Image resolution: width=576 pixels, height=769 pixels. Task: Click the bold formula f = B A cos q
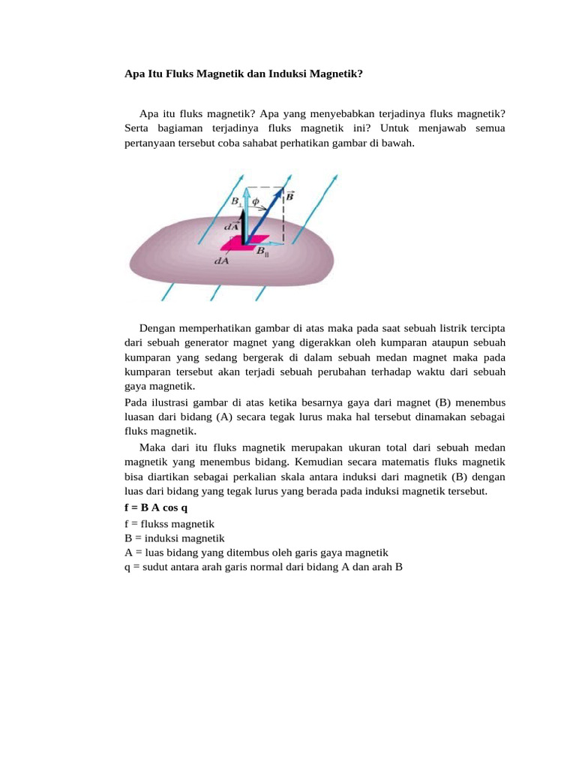156,508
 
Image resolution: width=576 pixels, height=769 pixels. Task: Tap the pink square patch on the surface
239,243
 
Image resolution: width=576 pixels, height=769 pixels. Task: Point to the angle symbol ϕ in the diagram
255,201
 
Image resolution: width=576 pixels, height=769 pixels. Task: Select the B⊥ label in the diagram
237,201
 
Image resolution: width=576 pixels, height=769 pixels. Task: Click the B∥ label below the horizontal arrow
262,252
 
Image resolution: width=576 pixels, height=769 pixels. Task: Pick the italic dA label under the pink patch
222,261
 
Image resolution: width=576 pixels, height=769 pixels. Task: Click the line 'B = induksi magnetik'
175,538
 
